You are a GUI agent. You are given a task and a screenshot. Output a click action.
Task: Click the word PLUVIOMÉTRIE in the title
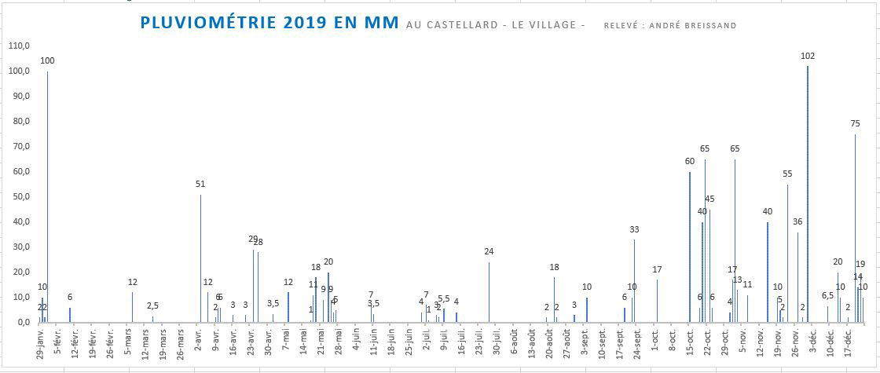(206, 23)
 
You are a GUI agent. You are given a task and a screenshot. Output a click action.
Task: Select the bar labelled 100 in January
(47, 196)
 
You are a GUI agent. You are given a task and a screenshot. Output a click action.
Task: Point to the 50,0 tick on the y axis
(18, 196)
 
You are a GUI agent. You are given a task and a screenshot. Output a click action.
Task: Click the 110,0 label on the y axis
(18, 46)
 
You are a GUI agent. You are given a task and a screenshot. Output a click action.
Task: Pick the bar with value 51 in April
(200, 258)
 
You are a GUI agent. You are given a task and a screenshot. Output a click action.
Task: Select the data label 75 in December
(855, 123)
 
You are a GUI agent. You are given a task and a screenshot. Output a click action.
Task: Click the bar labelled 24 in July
(489, 291)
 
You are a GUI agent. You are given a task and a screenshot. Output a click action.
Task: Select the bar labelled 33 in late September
(634, 280)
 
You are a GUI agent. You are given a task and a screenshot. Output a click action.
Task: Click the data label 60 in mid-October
(689, 162)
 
